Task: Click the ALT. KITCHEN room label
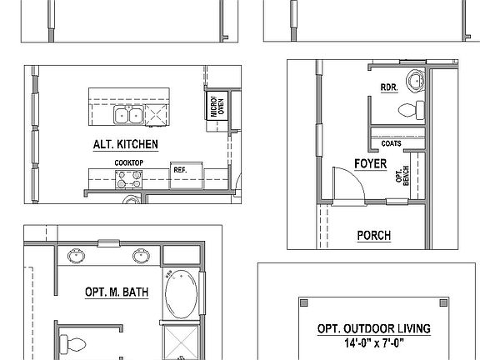126,144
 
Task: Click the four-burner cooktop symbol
127,177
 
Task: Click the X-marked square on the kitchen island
155,116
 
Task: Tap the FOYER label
370,163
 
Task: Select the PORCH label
374,236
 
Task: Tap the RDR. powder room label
388,87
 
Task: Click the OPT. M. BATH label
112,292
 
